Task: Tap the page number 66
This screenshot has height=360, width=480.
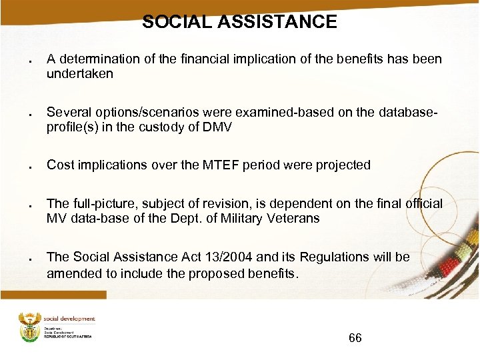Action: pos(355,339)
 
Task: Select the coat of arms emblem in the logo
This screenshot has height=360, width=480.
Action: pos(30,326)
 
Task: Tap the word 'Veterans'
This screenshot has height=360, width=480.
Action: pos(295,218)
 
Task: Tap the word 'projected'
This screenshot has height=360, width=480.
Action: pos(341,165)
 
